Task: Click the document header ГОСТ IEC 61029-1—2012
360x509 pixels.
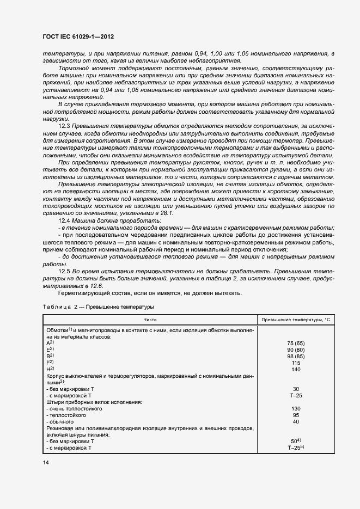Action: point(78,37)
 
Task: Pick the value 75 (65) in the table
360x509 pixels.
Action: point(295,343)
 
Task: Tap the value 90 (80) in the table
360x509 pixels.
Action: point(295,349)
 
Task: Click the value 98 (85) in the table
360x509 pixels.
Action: point(295,355)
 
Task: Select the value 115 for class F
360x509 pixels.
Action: point(295,362)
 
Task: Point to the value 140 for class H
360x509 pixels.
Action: point(295,369)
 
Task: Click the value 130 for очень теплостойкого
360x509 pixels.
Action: point(295,408)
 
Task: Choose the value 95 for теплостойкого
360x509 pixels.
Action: point(295,414)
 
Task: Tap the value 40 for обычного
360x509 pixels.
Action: point(295,421)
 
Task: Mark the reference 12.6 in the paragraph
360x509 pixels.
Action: point(96,285)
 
